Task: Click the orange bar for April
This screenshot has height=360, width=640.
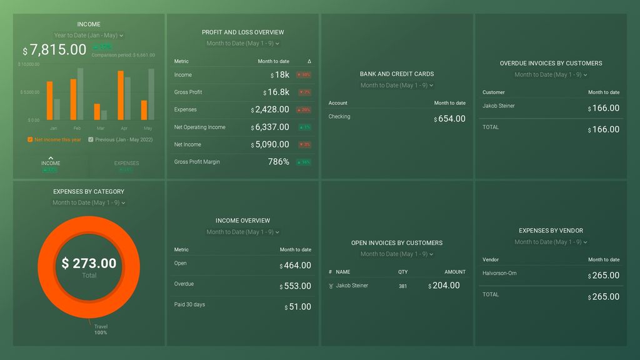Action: click(x=121, y=95)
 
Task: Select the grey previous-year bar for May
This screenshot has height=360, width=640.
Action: click(x=151, y=94)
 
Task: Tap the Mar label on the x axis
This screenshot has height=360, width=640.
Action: click(x=101, y=128)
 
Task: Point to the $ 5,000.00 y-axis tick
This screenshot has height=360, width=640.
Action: click(x=29, y=92)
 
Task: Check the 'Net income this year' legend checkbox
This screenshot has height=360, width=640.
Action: click(x=30, y=140)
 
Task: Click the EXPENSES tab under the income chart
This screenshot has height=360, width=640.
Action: click(x=126, y=164)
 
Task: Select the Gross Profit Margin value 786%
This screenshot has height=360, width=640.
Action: click(x=278, y=162)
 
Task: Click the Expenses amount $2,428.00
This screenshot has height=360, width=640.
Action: click(x=270, y=109)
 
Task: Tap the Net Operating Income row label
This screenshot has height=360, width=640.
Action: click(x=199, y=127)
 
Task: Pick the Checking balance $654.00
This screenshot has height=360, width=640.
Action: click(x=449, y=119)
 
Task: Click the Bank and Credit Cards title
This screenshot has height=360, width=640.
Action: click(x=396, y=74)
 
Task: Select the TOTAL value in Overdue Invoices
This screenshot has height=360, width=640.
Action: click(x=604, y=129)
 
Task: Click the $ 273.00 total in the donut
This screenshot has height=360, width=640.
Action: click(x=89, y=263)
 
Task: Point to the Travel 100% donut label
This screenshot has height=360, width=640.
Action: click(x=101, y=329)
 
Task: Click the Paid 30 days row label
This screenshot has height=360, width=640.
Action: click(x=189, y=304)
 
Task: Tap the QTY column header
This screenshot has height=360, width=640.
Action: click(x=403, y=272)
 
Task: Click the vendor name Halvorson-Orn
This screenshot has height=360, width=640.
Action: click(x=499, y=273)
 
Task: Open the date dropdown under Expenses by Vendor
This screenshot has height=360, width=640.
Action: click(x=551, y=242)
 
